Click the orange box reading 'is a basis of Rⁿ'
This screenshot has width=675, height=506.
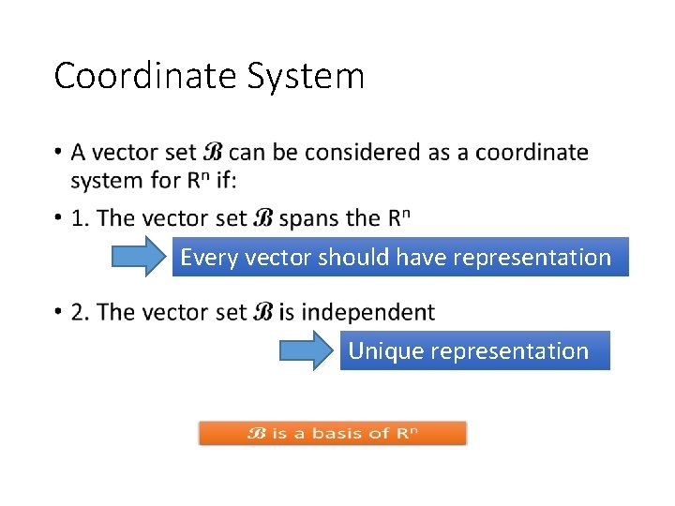pyautogui.click(x=332, y=433)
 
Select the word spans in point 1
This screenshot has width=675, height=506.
pyautogui.click(x=310, y=218)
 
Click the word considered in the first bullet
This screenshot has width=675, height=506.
pyautogui.click(x=361, y=152)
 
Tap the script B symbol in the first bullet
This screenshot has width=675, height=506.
pyautogui.click(x=213, y=152)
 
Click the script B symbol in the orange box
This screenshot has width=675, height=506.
pyautogui.click(x=257, y=433)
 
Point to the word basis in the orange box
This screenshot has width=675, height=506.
pyautogui.click(x=337, y=433)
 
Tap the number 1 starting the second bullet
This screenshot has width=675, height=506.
pyautogui.click(x=80, y=218)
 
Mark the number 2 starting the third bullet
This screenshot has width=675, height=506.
pyautogui.click(x=80, y=312)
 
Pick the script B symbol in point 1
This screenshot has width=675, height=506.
pyautogui.click(x=263, y=218)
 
